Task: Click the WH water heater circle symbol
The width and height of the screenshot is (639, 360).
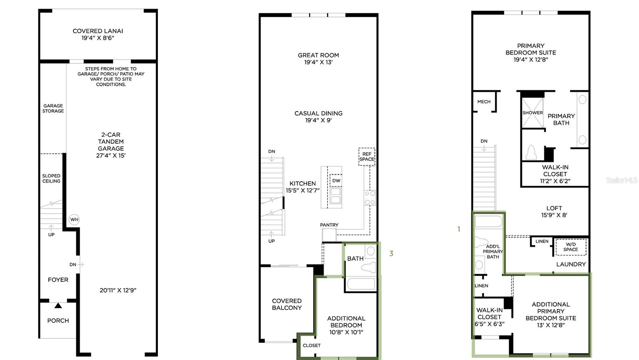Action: point(74,219)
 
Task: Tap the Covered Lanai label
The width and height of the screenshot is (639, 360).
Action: point(98,31)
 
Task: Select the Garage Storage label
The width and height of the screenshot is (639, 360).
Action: point(53,108)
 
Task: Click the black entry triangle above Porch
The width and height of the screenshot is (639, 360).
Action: point(58,306)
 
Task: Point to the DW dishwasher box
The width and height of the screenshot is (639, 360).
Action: point(336,181)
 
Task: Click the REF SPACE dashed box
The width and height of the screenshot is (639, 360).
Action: point(367,157)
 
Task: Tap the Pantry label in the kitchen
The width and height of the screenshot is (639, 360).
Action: point(329,225)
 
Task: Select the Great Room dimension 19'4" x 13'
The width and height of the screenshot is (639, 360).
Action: point(318,62)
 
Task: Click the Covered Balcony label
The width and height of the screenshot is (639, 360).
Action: point(287,304)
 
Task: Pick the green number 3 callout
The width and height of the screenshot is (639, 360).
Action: point(391,253)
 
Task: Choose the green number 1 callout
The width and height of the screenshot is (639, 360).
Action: point(459,229)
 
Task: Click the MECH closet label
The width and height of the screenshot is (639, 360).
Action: point(484,101)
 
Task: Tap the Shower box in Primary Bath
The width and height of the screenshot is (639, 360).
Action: point(532,113)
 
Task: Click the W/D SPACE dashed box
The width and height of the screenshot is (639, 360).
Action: point(571,247)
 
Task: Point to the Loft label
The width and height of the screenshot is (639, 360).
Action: point(554,208)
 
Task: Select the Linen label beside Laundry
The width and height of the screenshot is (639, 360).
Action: point(542,241)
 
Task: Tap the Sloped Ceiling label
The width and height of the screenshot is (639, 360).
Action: point(52,178)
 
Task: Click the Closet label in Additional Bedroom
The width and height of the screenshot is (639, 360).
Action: point(312,345)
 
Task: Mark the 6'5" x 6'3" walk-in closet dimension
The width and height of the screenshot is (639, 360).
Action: point(489,324)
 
